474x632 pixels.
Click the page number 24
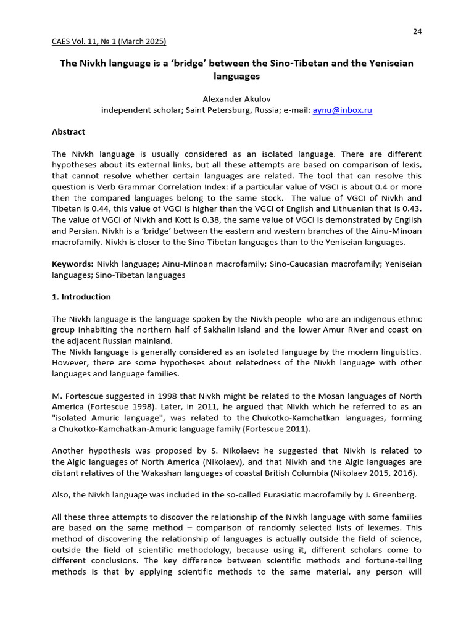click(x=417, y=31)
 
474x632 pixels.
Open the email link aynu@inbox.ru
click(x=343, y=110)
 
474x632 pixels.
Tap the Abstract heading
click(x=69, y=132)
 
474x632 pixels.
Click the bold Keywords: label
click(x=72, y=264)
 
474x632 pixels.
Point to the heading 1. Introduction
click(x=81, y=297)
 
